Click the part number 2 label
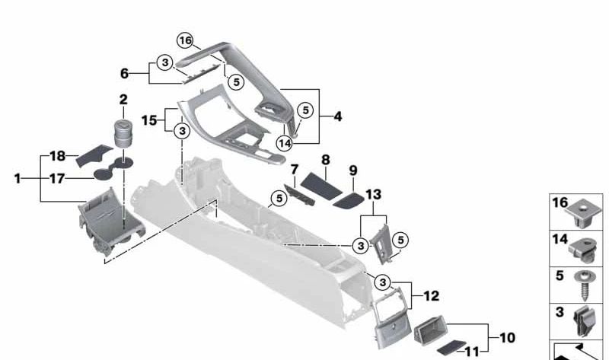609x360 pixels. click(123, 100)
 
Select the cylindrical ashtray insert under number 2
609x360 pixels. click(123, 134)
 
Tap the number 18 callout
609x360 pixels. click(58, 156)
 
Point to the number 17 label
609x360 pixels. click(56, 179)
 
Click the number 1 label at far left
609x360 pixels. click(18, 179)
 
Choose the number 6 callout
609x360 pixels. click(124, 73)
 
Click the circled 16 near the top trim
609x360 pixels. click(185, 40)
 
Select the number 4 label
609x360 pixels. click(337, 116)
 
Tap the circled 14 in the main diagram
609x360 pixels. click(285, 143)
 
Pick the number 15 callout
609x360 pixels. click(148, 120)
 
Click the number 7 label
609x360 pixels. click(295, 169)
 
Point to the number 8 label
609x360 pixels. click(326, 160)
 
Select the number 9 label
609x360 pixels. click(353, 170)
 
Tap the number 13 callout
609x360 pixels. click(373, 194)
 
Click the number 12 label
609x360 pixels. click(431, 296)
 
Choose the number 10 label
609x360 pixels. click(507, 338)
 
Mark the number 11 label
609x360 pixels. click(471, 352)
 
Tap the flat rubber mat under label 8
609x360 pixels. click(320, 186)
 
